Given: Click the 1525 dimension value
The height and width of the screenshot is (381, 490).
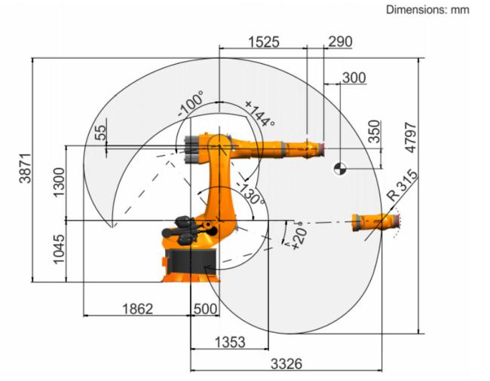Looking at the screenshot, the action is [264, 42].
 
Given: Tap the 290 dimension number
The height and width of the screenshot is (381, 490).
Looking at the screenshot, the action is [340, 41].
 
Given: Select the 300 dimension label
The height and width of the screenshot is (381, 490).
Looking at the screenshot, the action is [354, 78].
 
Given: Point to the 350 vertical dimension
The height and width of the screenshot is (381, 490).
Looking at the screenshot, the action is [375, 131].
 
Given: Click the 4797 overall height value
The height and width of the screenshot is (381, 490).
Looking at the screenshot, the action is [411, 138].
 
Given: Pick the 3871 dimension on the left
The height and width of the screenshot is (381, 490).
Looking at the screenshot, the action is [26, 168].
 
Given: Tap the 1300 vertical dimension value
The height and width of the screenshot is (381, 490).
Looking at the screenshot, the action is [59, 182].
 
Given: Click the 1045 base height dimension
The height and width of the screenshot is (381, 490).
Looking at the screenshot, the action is [59, 250].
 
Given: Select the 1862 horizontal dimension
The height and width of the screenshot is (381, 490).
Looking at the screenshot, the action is [137, 309].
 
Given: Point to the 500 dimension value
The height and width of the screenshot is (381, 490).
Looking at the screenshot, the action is [205, 309].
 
